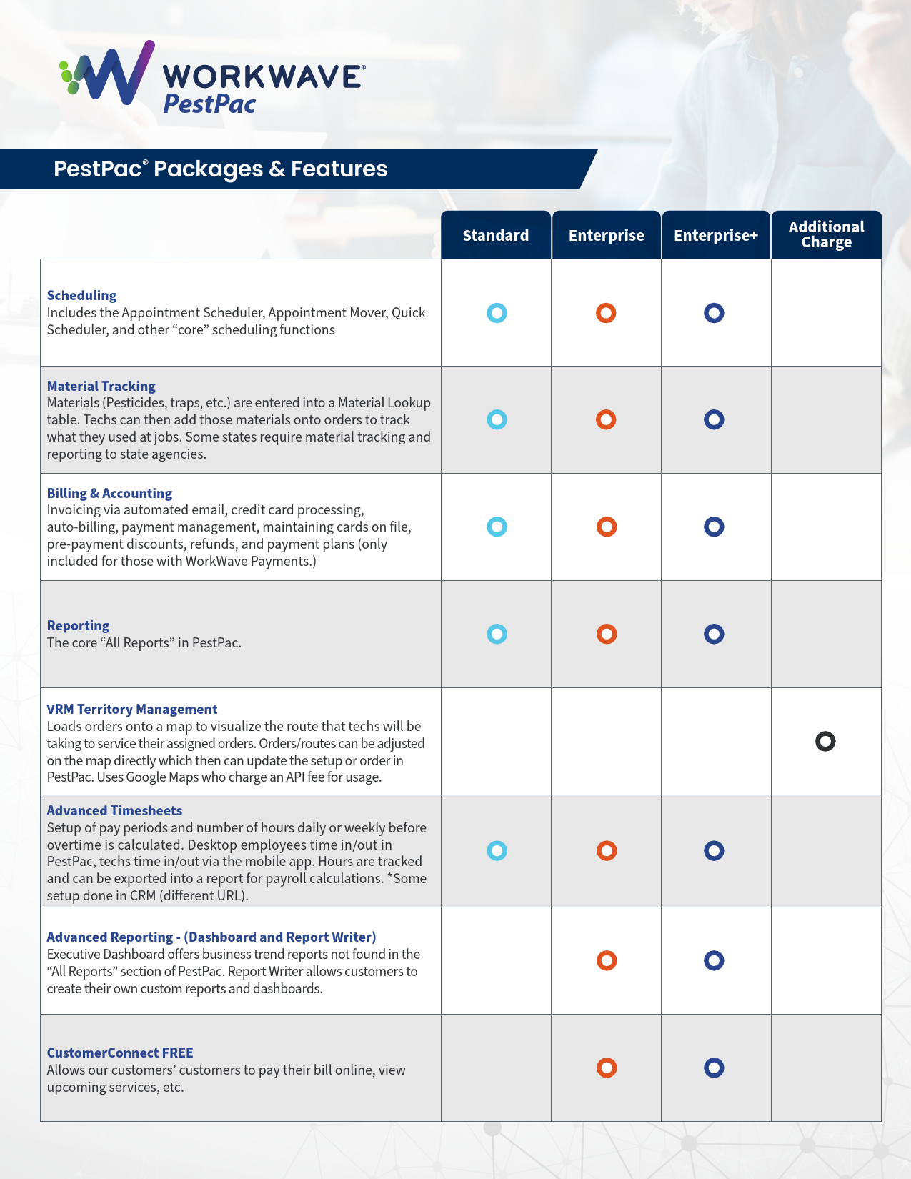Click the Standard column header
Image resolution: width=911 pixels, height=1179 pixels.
tap(495, 235)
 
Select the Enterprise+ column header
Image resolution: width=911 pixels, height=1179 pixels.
tap(715, 235)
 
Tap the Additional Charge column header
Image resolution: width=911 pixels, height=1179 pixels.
tap(826, 234)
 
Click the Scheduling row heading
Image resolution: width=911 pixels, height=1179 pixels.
tap(81, 295)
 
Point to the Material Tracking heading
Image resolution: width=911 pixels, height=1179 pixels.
tap(101, 386)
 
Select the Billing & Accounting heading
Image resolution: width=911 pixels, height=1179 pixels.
tap(109, 493)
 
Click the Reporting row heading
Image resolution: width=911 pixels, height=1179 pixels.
tap(78, 625)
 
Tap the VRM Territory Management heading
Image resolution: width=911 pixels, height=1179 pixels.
tap(131, 709)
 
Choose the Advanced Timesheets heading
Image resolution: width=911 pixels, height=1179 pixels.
tap(114, 810)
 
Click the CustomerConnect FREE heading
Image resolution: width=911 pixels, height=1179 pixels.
tap(120, 1053)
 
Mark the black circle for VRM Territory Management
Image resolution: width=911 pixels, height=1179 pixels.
tap(825, 741)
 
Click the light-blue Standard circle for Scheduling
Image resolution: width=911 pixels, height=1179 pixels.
tap(497, 313)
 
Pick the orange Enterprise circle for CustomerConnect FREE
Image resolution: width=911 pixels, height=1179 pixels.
tap(607, 1068)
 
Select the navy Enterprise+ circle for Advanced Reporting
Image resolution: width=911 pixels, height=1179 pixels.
tap(714, 960)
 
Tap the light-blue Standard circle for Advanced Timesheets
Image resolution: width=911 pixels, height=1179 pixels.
tap(497, 850)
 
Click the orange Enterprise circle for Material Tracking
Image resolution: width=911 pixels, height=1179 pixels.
tap(606, 419)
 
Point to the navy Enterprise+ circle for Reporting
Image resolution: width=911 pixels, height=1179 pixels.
tap(714, 634)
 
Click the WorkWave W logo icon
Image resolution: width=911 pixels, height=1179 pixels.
tap(107, 72)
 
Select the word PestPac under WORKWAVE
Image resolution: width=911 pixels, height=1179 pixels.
tap(209, 104)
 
